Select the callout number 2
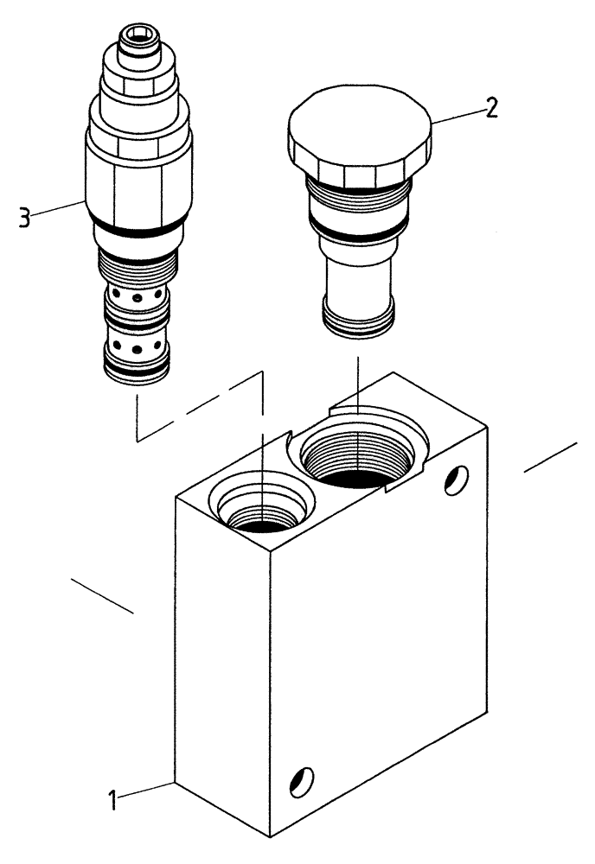click(x=490, y=108)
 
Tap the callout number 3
click(x=25, y=217)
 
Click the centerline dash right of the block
click(x=550, y=458)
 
